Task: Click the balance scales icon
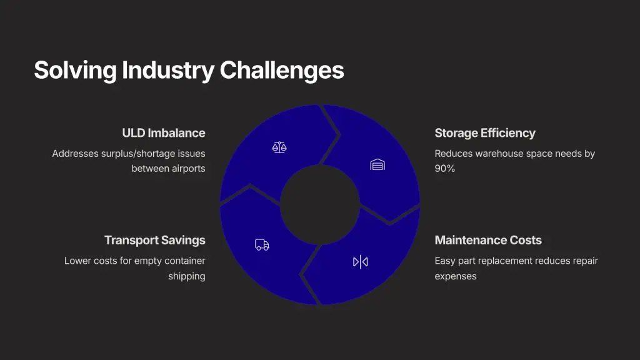click(x=279, y=147)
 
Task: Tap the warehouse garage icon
click(x=377, y=164)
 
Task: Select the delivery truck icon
click(x=262, y=244)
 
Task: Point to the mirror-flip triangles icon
click(x=361, y=262)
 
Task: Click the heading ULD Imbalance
click(x=164, y=133)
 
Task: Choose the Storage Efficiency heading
click(x=485, y=133)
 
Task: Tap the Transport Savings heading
click(x=155, y=240)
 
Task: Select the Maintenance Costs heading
click(x=488, y=240)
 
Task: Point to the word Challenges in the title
click(x=282, y=70)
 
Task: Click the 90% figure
click(x=445, y=169)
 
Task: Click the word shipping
click(x=187, y=276)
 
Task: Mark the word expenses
click(x=456, y=276)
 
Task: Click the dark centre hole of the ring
click(x=320, y=205)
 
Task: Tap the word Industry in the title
click(x=168, y=70)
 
